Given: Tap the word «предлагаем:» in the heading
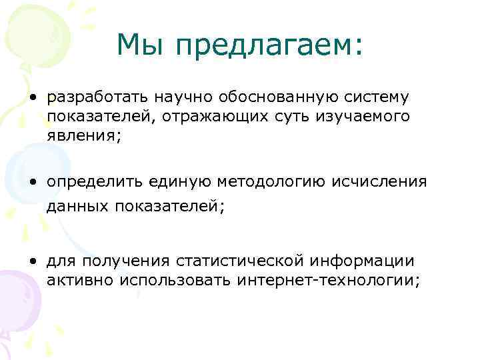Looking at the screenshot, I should pyautogui.click(x=270, y=45).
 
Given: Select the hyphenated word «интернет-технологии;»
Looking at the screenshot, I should pyautogui.click(x=328, y=280).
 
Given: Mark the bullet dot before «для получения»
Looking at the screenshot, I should pyautogui.click(x=32, y=260).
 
